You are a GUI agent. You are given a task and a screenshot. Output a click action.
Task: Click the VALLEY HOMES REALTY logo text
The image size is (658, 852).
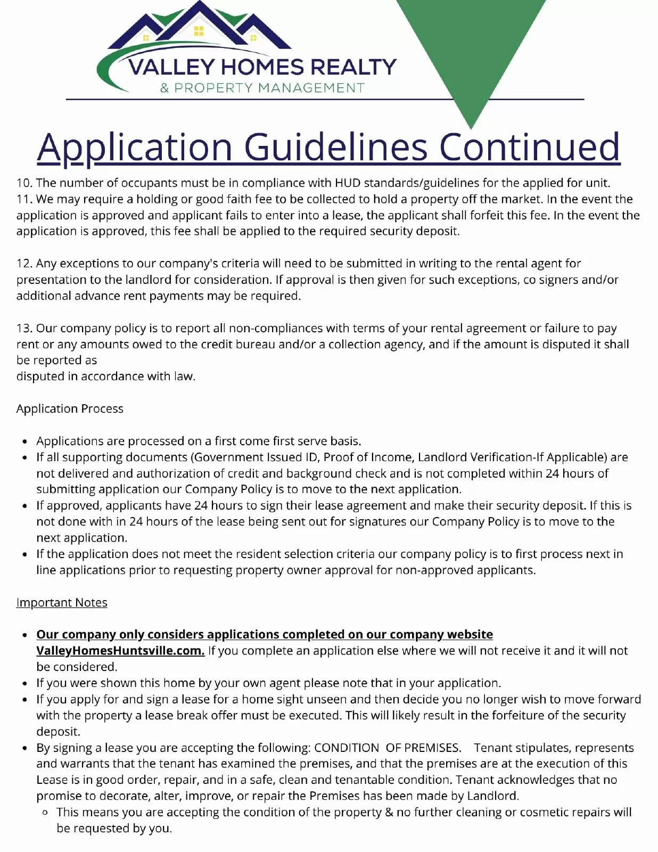point(262,67)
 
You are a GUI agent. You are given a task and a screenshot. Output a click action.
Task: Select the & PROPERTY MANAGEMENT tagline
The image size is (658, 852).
point(262,88)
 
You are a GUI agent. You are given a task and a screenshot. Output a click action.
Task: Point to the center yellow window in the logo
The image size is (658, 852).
point(199,31)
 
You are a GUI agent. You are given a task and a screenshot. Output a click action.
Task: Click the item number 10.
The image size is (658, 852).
point(24,183)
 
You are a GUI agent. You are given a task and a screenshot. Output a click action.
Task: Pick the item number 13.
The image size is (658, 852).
point(24,329)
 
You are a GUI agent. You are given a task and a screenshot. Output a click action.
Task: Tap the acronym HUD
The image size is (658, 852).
point(347,183)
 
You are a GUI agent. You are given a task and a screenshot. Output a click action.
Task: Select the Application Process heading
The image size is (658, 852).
point(70,409)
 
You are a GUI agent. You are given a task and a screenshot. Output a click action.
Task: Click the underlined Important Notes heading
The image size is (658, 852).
point(62,603)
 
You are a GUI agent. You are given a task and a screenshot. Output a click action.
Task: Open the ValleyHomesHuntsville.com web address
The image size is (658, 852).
point(120,651)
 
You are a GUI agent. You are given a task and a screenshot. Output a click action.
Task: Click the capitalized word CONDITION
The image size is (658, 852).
point(347,748)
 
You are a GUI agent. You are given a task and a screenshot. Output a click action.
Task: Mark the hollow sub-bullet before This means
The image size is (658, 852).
point(45,813)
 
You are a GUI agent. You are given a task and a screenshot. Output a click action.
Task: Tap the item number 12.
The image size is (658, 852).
point(24,264)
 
